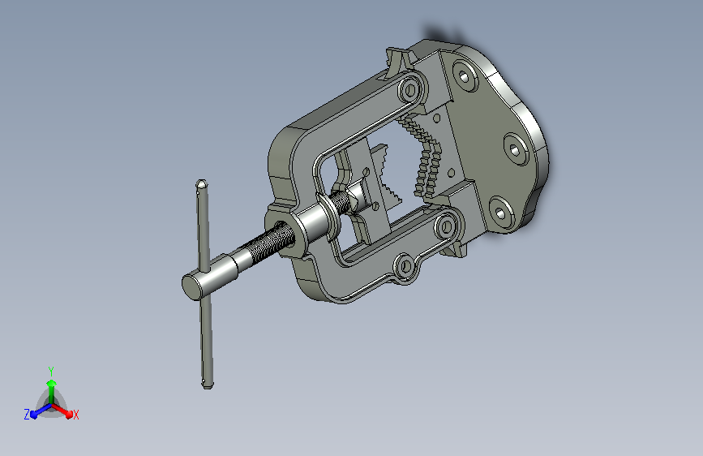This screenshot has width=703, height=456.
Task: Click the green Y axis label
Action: pos(51,371)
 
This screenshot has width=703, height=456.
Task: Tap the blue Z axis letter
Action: pos(27,415)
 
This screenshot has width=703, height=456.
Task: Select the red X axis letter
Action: pos(75,415)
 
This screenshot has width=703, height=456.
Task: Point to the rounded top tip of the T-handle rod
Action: pos(201,183)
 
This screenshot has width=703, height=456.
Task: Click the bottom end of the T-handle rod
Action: pos(207,383)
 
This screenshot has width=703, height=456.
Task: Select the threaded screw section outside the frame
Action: pos(268,243)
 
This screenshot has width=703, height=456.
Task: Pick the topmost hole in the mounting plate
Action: pos(465,77)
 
